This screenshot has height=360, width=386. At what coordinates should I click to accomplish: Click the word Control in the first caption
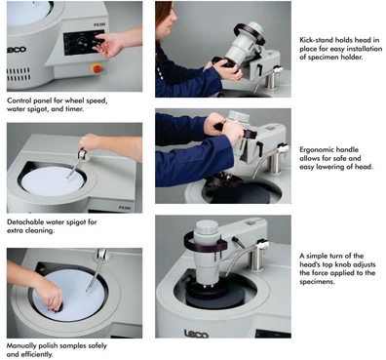(x=20, y=100)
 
